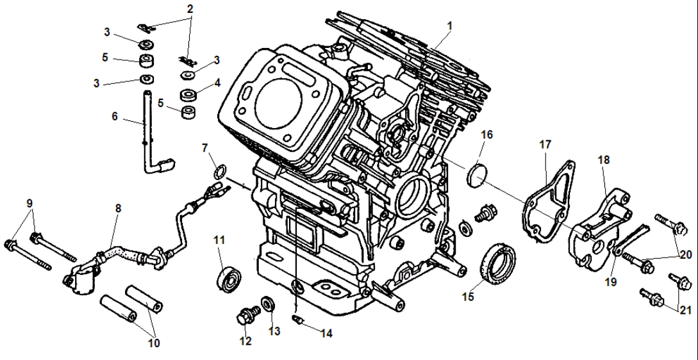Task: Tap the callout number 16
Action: pos(487,135)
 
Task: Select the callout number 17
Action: pos(545,145)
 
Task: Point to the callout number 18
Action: pos(605,160)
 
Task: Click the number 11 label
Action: pos(219,240)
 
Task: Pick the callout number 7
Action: pos(206,148)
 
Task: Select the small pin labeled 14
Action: pos(296,318)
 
